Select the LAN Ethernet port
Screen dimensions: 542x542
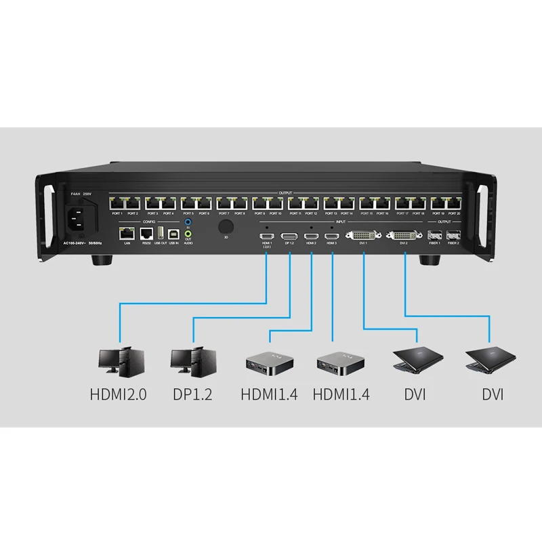[126, 234]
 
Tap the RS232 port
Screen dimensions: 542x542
[144, 234]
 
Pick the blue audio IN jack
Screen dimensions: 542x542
[188, 221]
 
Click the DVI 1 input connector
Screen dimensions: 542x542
[364, 236]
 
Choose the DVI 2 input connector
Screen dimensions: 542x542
[404, 236]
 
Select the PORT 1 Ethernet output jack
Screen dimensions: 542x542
[117, 203]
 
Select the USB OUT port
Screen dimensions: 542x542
[160, 233]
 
